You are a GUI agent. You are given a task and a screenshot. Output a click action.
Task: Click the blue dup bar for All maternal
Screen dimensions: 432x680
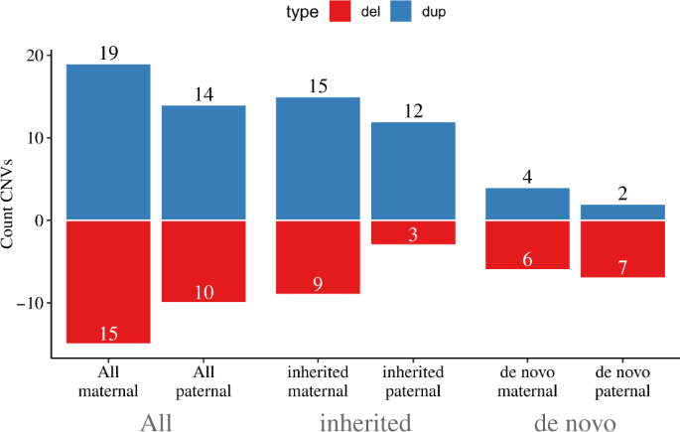click(x=108, y=141)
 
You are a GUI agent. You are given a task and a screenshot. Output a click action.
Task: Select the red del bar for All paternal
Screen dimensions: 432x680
click(x=204, y=260)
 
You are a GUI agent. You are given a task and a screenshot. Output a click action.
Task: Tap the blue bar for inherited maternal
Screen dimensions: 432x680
click(x=318, y=158)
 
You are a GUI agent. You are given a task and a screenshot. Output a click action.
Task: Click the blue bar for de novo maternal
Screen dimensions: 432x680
click(x=528, y=204)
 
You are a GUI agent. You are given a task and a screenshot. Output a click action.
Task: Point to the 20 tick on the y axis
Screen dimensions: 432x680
click(x=41, y=56)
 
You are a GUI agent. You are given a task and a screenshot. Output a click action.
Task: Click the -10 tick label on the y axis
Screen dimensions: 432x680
click(x=35, y=303)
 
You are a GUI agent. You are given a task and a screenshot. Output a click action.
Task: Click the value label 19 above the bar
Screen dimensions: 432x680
click(x=108, y=53)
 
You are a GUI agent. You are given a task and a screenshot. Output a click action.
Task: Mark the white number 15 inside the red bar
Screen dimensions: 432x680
click(x=108, y=333)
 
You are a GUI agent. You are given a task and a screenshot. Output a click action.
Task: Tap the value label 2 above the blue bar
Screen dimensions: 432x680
click(x=622, y=194)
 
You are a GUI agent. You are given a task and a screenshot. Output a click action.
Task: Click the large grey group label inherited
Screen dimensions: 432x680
click(x=365, y=422)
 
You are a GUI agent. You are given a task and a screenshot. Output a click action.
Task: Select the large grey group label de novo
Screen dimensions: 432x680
click(x=575, y=422)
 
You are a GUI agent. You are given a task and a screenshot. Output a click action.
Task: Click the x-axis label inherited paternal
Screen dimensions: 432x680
click(x=413, y=382)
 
